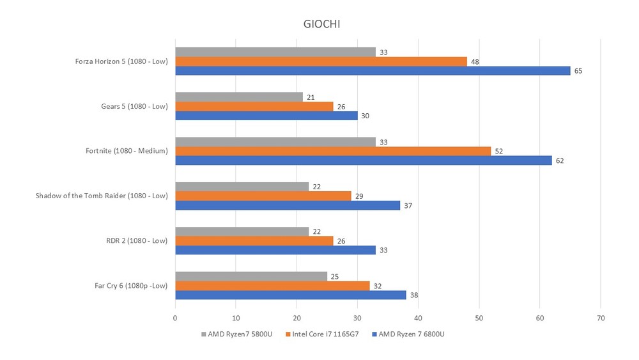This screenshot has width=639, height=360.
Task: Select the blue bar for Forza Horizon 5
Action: point(373,71)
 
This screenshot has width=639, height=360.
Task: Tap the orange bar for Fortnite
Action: point(333,151)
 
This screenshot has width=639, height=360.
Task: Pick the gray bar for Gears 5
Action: point(239,97)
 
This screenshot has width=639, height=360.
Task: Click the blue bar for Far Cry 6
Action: point(291,295)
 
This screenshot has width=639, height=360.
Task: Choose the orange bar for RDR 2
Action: point(254,240)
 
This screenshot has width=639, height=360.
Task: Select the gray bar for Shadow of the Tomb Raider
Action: point(242,186)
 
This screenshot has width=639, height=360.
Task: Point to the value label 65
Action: point(578,71)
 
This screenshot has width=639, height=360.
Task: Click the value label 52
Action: point(499,151)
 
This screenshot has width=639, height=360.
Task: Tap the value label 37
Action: point(408,205)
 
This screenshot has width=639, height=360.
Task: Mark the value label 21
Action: point(311,97)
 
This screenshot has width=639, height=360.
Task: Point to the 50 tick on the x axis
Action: point(479,317)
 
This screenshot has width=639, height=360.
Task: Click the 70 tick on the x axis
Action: point(601,317)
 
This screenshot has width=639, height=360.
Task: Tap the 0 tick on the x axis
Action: point(175,317)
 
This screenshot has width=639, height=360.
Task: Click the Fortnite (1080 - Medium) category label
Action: point(127,151)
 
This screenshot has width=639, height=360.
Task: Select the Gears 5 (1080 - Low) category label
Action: point(131,106)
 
